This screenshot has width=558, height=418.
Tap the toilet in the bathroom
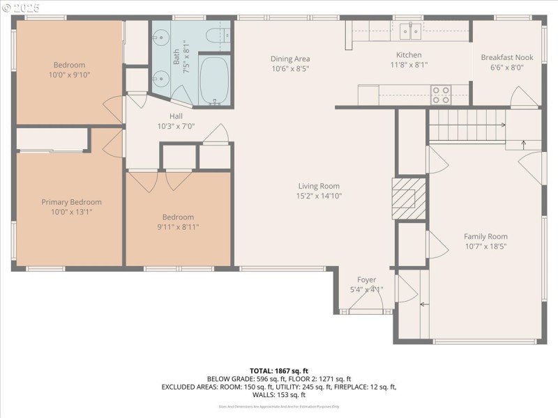(x=213, y=36)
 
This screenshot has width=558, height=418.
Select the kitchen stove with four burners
(x=440, y=94)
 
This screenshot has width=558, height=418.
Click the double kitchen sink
(x=410, y=30)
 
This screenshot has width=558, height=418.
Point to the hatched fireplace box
(x=406, y=196)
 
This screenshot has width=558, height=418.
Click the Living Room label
(x=319, y=186)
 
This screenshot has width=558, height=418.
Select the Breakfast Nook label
(x=507, y=58)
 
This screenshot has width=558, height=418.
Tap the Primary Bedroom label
(x=71, y=202)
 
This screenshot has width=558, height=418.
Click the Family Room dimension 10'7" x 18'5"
(x=485, y=246)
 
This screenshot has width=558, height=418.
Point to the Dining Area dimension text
(x=290, y=69)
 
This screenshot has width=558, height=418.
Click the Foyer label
(x=366, y=280)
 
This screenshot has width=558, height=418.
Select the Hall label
(x=176, y=116)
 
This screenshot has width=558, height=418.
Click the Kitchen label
(x=409, y=55)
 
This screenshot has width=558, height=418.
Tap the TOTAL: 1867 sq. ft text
(x=279, y=371)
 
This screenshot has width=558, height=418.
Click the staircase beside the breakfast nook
(x=466, y=125)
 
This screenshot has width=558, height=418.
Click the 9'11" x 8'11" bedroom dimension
(x=179, y=226)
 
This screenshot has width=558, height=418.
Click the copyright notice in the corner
(x=20, y=7)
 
